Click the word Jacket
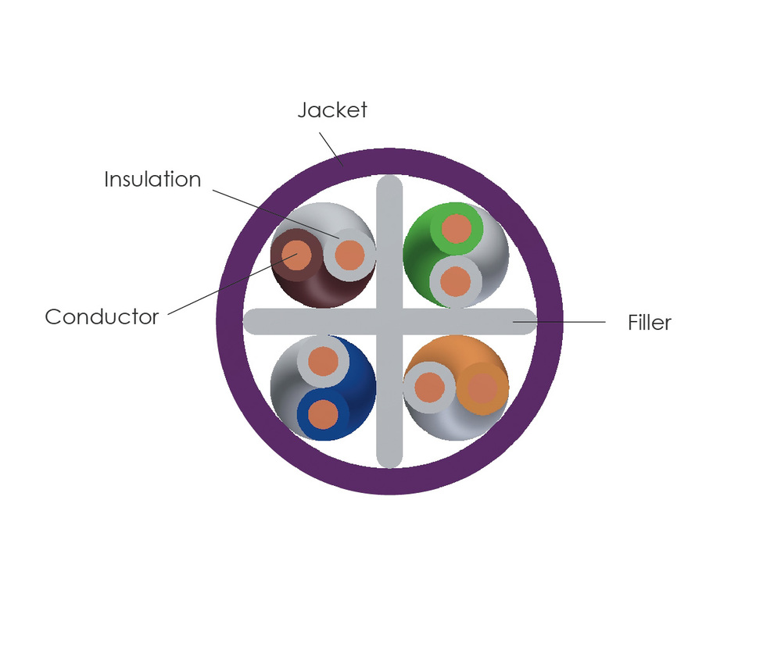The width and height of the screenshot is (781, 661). (x=332, y=110)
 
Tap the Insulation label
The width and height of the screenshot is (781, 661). (x=152, y=180)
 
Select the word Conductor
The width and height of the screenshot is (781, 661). (x=102, y=317)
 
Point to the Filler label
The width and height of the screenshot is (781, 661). (x=649, y=323)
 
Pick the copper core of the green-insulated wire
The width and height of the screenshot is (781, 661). (x=457, y=230)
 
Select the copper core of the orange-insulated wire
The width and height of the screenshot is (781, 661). (x=482, y=388)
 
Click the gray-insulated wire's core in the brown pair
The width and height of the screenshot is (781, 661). (x=349, y=254)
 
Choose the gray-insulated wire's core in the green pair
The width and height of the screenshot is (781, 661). (x=456, y=281)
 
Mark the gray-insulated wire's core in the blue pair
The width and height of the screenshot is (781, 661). (x=322, y=361)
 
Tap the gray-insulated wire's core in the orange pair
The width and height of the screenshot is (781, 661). (x=429, y=387)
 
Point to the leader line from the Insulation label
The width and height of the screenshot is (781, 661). (x=274, y=210)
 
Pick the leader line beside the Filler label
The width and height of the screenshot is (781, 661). (x=563, y=321)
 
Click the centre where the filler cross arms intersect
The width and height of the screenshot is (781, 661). (x=389, y=321)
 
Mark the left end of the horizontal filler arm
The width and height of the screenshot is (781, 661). (x=253, y=321)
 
